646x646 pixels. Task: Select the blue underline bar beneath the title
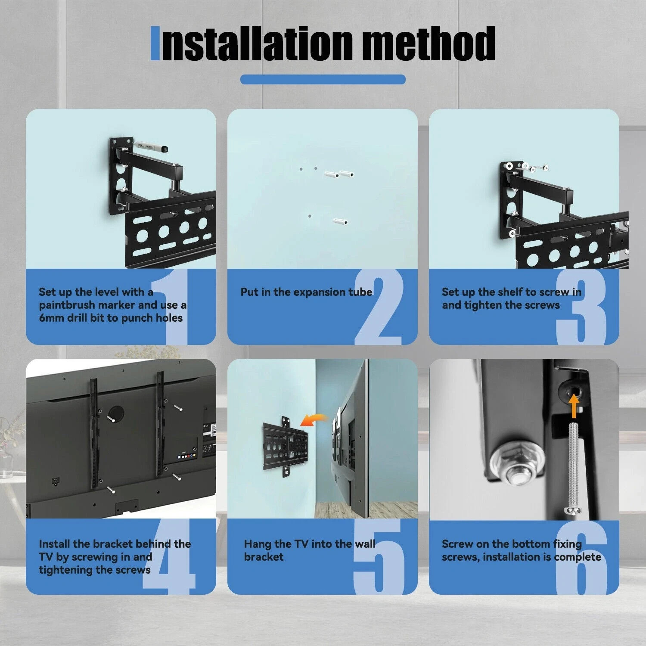(323, 79)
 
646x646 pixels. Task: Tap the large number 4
(170, 558)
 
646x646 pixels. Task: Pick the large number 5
(379, 558)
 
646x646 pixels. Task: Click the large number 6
(581, 558)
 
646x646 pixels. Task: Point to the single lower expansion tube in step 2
(340, 221)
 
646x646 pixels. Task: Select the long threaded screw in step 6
(573, 467)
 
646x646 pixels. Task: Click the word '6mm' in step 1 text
(52, 318)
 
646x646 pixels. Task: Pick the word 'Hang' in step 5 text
(258, 544)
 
